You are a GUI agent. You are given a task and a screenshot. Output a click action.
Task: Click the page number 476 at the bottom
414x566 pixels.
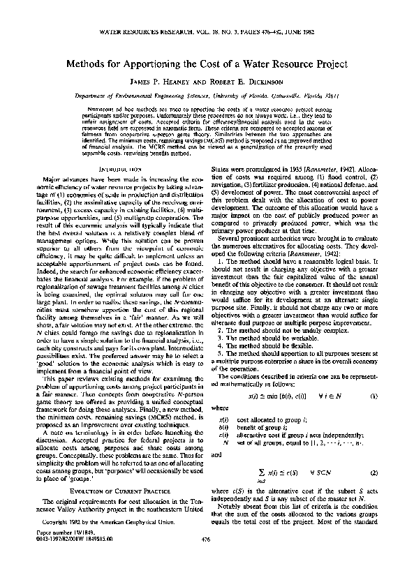pos(207,558)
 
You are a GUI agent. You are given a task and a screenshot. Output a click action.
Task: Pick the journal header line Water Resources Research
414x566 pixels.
pos(207,32)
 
